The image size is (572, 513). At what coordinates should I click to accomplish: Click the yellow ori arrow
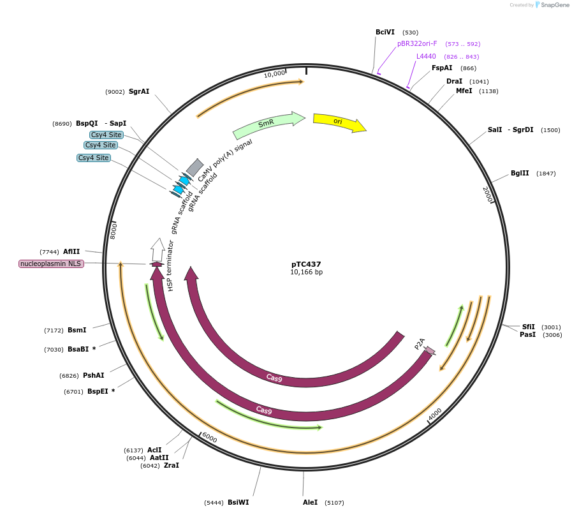pyautogui.click(x=339, y=122)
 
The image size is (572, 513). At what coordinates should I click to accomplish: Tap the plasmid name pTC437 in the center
pyautogui.click(x=306, y=264)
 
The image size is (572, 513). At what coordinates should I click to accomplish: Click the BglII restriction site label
pyautogui.click(x=520, y=174)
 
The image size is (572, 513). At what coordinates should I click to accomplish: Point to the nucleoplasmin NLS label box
pyautogui.click(x=51, y=264)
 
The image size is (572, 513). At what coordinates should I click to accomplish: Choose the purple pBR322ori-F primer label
pyautogui.click(x=417, y=44)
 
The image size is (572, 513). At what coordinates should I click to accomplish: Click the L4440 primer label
pyautogui.click(x=426, y=57)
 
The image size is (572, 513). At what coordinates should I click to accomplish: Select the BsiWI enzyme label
pyautogui.click(x=238, y=502)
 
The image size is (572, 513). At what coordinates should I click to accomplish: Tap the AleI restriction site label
pyautogui.click(x=310, y=502)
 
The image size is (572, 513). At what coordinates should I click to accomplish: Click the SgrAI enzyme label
pyautogui.click(x=139, y=91)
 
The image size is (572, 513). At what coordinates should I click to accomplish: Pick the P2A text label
pyautogui.click(x=420, y=345)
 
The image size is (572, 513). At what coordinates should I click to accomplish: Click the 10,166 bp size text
pyautogui.click(x=306, y=272)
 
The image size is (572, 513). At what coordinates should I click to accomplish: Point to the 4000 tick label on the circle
pyautogui.click(x=435, y=415)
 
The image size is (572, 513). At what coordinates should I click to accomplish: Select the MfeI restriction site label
pyautogui.click(x=464, y=91)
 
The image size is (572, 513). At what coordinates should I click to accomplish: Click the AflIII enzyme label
pyautogui.click(x=71, y=251)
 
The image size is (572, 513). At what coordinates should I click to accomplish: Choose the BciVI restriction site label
pyautogui.click(x=385, y=32)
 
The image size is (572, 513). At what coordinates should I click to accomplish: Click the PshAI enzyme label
pyautogui.click(x=93, y=375)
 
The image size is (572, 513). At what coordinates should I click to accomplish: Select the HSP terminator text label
pyautogui.click(x=170, y=265)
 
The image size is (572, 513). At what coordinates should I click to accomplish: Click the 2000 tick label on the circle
pyautogui.click(x=488, y=195)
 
